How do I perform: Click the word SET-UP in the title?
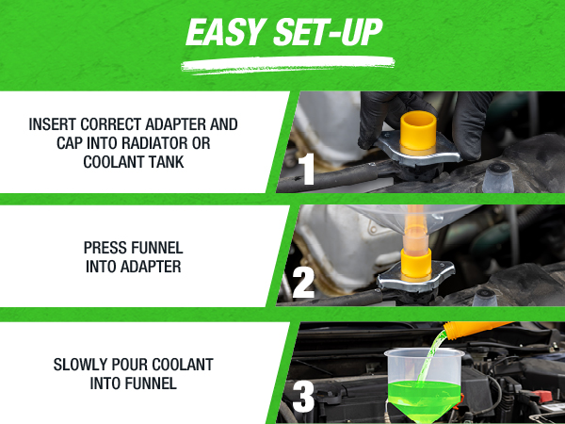(x=328, y=32)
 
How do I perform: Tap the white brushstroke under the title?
(x=287, y=65)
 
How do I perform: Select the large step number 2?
(x=303, y=283)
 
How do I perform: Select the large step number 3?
(x=303, y=397)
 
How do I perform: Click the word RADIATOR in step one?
(x=156, y=143)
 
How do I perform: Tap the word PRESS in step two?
(x=105, y=248)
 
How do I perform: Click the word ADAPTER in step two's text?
(x=151, y=267)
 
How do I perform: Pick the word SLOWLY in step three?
(x=80, y=365)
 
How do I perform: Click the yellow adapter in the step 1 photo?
(x=418, y=133)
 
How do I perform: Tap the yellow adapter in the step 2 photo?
(x=416, y=265)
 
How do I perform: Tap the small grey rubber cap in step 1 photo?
(x=498, y=177)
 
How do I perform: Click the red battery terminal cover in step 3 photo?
(x=541, y=397)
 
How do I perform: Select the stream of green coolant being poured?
(x=432, y=356)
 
